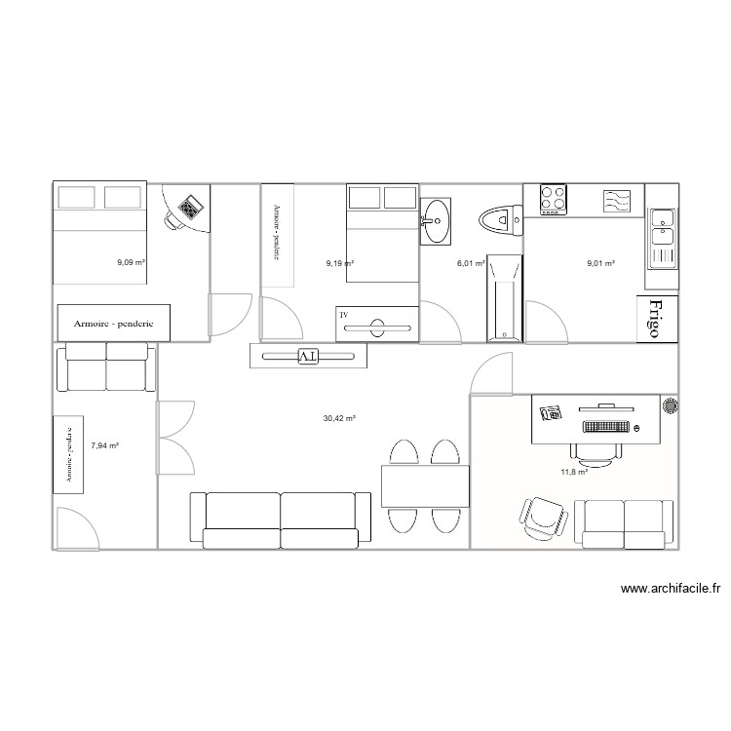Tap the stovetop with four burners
[554, 199]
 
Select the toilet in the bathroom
[500, 219]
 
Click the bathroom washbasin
[437, 221]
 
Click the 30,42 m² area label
[339, 418]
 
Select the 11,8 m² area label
[573, 472]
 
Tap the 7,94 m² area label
[104, 445]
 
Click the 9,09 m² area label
[131, 262]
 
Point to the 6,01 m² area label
[471, 262]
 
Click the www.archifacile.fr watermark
[669, 589]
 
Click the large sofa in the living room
[281, 518]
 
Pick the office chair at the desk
[595, 449]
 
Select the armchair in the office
[541, 516]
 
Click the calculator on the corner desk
[190, 206]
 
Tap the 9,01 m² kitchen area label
[599, 262]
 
